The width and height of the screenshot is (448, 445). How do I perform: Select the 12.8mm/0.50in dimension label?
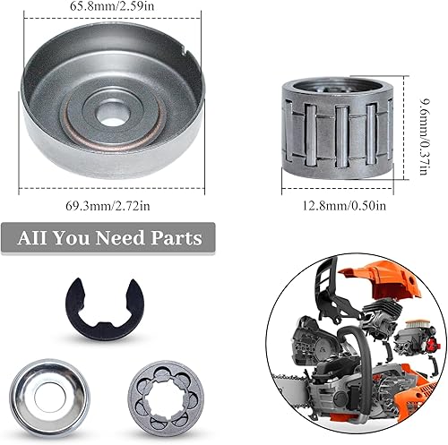[x=344, y=206]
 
